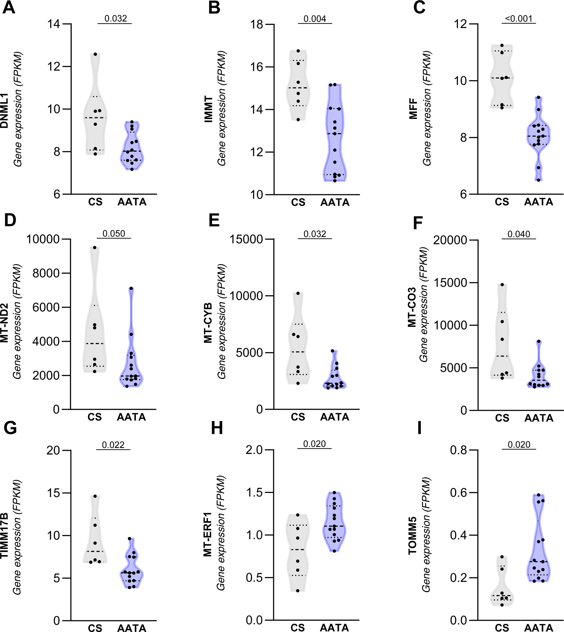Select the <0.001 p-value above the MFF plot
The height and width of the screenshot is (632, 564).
tap(519, 19)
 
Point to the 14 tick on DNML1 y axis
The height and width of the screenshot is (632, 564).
tap(54, 24)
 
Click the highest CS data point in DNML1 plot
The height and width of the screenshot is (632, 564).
tap(95, 54)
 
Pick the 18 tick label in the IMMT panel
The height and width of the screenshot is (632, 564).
tap(257, 25)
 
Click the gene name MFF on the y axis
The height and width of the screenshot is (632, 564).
tap(413, 109)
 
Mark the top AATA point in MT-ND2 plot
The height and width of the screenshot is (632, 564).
tap(131, 288)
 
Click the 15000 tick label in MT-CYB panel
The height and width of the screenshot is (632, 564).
tap(246, 239)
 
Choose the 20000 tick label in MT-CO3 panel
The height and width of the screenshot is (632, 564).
tap(450, 240)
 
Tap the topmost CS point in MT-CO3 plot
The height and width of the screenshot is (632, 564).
tap(502, 284)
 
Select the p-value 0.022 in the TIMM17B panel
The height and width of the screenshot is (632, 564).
tap(113, 445)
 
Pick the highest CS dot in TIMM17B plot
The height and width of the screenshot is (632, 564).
tap(95, 496)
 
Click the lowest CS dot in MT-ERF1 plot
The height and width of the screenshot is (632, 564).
tap(298, 591)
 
